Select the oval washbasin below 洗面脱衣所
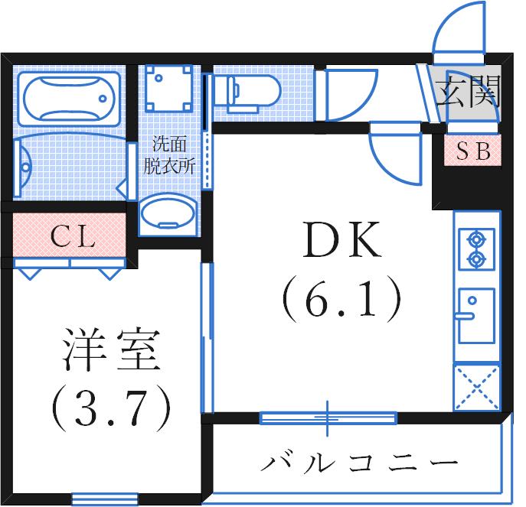tap(168, 212)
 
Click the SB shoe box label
tap(473, 151)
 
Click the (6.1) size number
tap(341, 300)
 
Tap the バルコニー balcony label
tap(360, 463)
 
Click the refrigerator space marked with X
tap(476, 389)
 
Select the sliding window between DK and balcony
tap(328, 418)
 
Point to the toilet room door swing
tap(348, 96)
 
